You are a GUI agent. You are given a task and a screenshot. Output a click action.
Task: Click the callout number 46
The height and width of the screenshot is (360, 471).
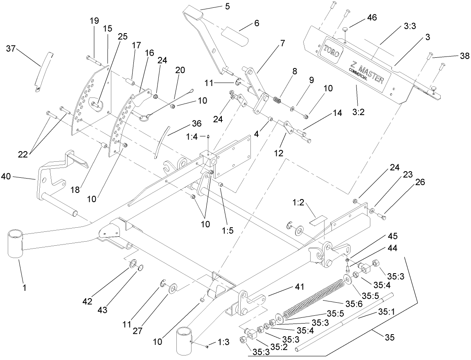point(372,17)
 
